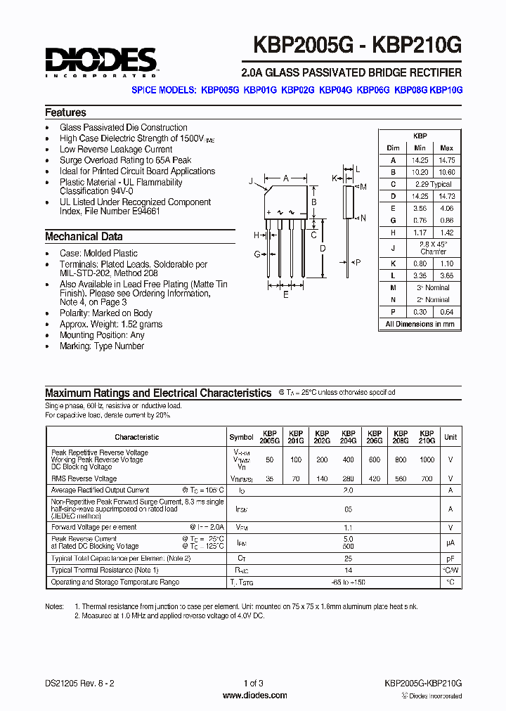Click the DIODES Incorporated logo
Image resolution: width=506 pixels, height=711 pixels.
click(x=100, y=62)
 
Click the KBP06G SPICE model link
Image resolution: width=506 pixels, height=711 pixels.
click(x=372, y=91)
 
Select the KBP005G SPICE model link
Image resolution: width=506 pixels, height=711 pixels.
click(x=220, y=91)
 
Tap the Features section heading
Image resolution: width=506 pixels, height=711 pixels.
click(x=65, y=112)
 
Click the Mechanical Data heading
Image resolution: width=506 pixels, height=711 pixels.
click(x=84, y=237)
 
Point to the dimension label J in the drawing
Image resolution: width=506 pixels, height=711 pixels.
click(x=251, y=181)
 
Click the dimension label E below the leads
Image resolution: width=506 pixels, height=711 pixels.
click(x=285, y=295)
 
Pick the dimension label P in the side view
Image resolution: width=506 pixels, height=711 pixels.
click(x=358, y=262)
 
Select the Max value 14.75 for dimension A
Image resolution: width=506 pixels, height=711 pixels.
click(x=446, y=160)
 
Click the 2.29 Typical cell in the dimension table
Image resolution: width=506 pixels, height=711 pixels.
click(x=433, y=184)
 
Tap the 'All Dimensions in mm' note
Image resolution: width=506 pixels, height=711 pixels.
click(x=420, y=324)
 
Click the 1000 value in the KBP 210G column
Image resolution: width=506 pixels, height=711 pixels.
click(x=427, y=459)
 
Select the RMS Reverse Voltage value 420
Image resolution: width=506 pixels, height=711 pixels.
click(x=374, y=478)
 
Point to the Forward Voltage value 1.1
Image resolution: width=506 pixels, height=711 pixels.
click(x=346, y=527)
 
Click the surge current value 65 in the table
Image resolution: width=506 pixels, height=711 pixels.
click(x=346, y=508)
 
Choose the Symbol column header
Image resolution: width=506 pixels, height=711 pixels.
click(x=241, y=437)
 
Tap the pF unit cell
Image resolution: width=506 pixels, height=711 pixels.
click(x=450, y=558)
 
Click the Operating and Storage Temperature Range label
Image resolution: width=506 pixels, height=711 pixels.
click(x=115, y=582)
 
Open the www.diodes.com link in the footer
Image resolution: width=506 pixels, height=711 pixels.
click(x=253, y=696)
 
